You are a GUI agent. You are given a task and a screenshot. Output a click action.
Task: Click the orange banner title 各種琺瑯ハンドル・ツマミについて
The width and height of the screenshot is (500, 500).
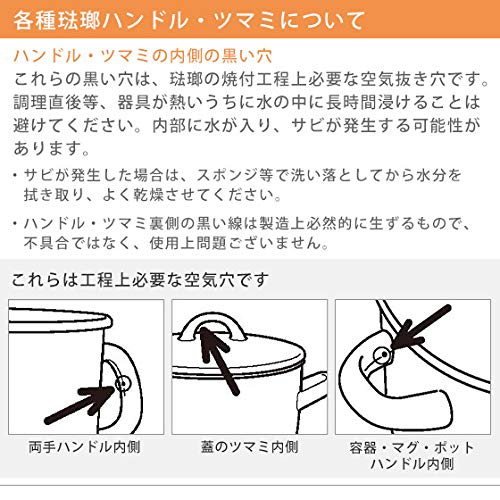pyautogui.click(x=189, y=20)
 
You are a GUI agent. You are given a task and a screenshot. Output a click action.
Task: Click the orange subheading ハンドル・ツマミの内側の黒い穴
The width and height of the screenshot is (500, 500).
pyautogui.click(x=143, y=56)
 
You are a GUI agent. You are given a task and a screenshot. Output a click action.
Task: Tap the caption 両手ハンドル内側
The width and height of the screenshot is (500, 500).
pyautogui.click(x=84, y=447)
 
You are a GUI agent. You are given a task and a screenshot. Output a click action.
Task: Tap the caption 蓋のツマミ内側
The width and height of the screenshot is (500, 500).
pyautogui.click(x=249, y=447)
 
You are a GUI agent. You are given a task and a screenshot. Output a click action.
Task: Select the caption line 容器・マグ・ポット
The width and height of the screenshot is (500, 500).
pyautogui.click(x=412, y=447)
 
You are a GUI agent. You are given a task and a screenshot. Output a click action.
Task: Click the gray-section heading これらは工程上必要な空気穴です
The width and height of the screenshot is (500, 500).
pyautogui.click(x=140, y=280)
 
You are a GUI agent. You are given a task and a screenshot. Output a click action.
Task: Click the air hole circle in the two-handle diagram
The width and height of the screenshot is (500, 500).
pyautogui.click(x=123, y=384)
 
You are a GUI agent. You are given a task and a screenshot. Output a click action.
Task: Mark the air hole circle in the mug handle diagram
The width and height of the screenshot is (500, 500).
pyautogui.click(x=382, y=354)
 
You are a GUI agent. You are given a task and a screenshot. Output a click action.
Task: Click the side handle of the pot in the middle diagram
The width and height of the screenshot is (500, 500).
pyautogui.click(x=312, y=388)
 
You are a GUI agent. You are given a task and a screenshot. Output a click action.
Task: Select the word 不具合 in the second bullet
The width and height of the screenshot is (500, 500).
pyautogui.click(x=47, y=243)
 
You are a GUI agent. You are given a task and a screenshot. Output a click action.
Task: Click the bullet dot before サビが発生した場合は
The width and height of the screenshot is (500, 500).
pyautogui.click(x=15, y=175)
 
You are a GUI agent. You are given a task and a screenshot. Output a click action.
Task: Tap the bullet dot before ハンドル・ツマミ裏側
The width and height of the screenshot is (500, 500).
pyautogui.click(x=15, y=223)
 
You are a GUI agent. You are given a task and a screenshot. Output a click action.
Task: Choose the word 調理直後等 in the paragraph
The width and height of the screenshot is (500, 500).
pyautogui.click(x=56, y=103)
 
